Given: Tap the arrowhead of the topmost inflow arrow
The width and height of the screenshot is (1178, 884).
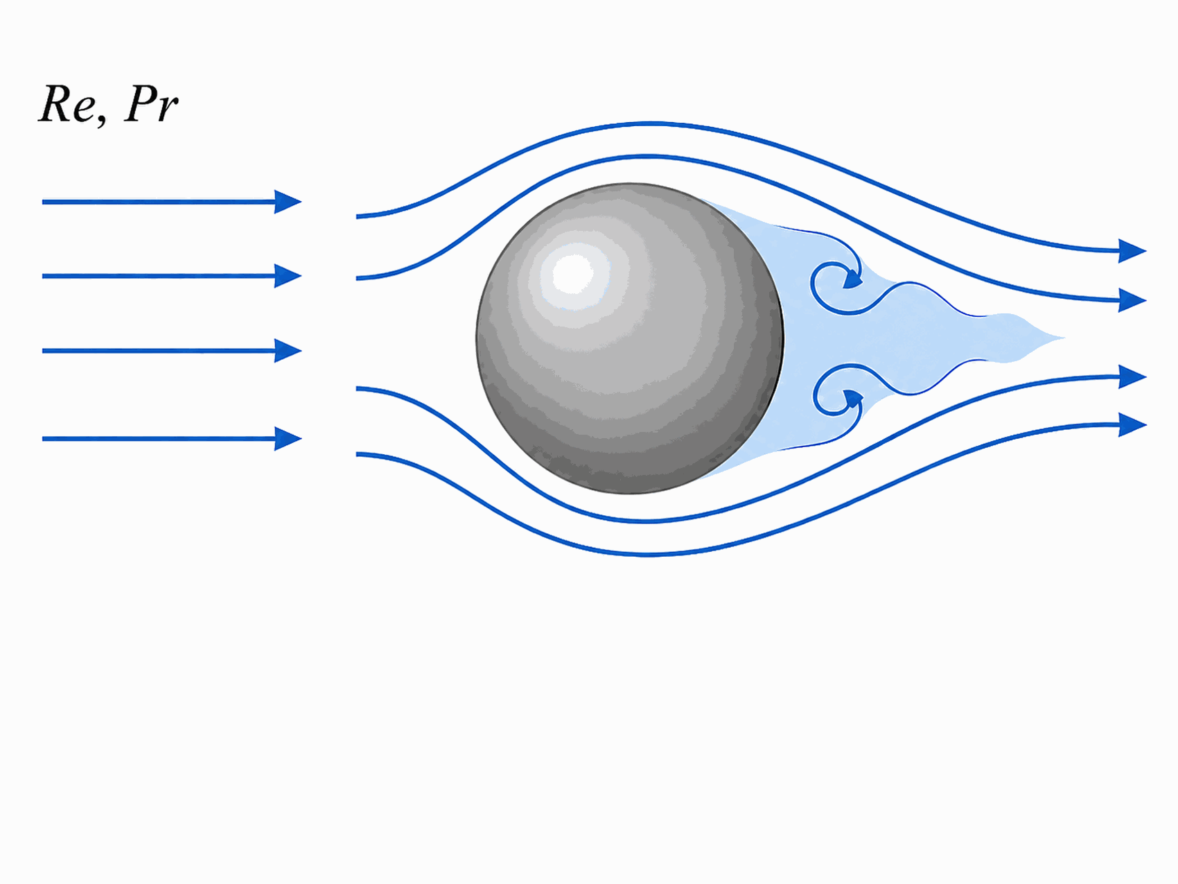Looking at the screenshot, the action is tap(288, 202).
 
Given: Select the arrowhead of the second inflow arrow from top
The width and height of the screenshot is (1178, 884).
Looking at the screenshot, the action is tap(288, 276).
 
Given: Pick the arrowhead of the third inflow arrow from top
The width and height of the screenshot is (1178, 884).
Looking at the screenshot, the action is tap(288, 351).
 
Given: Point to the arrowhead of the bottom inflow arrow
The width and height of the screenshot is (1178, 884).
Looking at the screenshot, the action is tap(288, 439).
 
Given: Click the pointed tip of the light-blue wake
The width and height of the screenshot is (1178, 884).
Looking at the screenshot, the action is tap(1063, 338).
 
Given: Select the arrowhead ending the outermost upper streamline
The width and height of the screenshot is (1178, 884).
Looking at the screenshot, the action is tap(1132, 251).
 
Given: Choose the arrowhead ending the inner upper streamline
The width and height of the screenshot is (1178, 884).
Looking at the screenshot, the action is tap(1132, 301).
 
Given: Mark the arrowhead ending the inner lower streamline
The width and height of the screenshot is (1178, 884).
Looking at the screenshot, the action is tap(1132, 377).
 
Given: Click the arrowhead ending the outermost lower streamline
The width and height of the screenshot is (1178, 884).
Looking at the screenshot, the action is tap(1132, 424).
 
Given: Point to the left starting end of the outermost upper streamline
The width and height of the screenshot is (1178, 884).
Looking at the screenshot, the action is tap(358, 217).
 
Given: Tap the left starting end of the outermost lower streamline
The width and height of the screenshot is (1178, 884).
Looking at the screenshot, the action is tap(358, 454).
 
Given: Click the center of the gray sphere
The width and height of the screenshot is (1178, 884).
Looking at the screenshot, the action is tap(630, 338).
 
